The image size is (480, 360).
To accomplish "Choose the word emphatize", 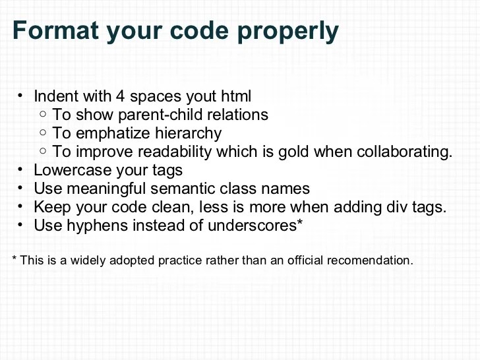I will pos(104,133).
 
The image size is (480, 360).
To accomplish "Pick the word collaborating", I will pos(404,152).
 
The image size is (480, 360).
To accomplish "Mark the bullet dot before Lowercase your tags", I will pos(20,169).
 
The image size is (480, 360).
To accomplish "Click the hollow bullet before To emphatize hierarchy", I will pos(43,133).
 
